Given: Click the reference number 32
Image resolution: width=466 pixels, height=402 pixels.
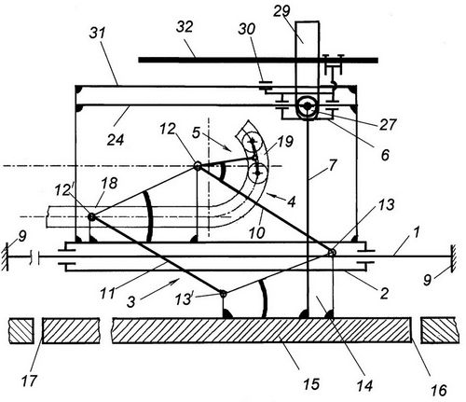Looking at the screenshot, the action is point(185,27).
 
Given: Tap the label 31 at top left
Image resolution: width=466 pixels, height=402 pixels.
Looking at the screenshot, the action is point(98,34).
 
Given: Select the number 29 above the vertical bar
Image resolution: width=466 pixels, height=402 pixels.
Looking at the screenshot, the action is point(281,11).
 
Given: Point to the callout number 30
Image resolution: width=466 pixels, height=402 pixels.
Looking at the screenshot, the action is point(247,29).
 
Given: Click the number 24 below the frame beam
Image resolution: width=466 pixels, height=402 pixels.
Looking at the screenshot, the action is point(116,140).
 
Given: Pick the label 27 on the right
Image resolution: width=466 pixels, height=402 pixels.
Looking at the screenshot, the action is point(388,124).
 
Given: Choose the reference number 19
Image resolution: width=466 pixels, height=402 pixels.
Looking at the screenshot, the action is point(285,142).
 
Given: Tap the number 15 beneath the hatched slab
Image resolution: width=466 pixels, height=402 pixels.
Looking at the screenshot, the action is point(311,384).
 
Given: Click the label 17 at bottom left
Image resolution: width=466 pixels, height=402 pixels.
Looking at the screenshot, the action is point(30,381).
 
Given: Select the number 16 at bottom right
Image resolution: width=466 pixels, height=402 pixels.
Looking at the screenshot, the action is point(439,390).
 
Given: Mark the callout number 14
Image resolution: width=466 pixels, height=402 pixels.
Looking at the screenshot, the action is point(364,386).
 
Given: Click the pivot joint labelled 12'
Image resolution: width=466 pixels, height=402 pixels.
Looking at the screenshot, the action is point(91,216).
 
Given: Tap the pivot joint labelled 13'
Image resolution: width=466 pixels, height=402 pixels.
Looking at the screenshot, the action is point(223,293).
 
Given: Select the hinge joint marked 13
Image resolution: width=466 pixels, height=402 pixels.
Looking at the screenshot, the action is point(332,252).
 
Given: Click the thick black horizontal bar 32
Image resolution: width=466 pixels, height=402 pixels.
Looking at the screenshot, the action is point(258,60).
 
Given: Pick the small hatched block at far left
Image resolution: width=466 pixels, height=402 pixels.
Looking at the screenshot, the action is point(21,330).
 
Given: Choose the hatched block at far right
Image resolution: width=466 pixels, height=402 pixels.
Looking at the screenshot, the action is point(438,330).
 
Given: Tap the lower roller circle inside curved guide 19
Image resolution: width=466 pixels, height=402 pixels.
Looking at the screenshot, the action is point(257,172).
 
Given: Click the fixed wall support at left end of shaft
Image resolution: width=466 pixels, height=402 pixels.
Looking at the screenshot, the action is point(5,257).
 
